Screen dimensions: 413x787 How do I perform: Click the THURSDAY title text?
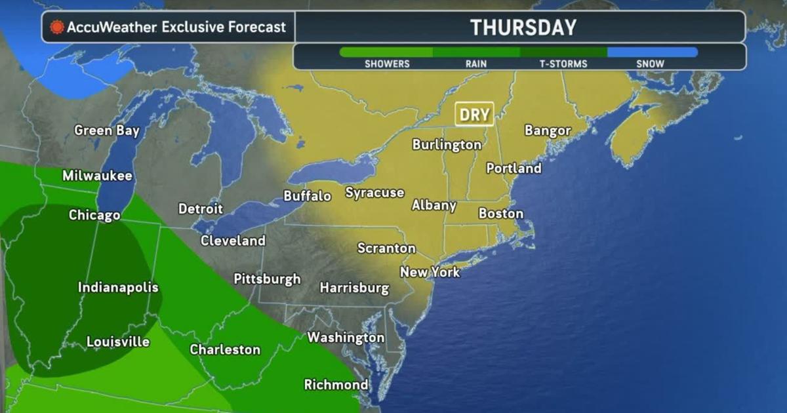click(x=523, y=28)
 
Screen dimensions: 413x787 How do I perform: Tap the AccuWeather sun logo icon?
click(x=57, y=28)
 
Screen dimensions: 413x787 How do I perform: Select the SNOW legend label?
click(x=650, y=64)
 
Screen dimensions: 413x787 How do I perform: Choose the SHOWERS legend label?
click(x=387, y=64)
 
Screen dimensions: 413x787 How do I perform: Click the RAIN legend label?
click(x=476, y=64)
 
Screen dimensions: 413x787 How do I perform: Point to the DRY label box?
click(x=474, y=115)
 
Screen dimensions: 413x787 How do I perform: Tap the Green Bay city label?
click(x=107, y=130)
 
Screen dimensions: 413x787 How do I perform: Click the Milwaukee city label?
click(x=97, y=176)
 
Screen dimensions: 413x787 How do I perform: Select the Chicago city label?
click(x=94, y=215)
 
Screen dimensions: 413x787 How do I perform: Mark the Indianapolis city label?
click(x=118, y=287)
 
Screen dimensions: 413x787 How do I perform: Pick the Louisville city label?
click(x=118, y=342)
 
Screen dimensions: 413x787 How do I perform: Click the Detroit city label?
click(x=201, y=209)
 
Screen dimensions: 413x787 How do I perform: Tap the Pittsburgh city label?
click(x=267, y=279)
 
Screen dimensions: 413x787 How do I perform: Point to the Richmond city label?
click(x=336, y=385)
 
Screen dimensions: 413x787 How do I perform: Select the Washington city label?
click(x=346, y=338)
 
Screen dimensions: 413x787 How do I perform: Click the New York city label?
click(x=430, y=271)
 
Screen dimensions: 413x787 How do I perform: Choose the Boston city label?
click(x=501, y=213)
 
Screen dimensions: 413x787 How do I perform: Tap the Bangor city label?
click(x=548, y=130)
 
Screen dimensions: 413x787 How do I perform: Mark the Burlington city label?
click(x=447, y=145)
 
